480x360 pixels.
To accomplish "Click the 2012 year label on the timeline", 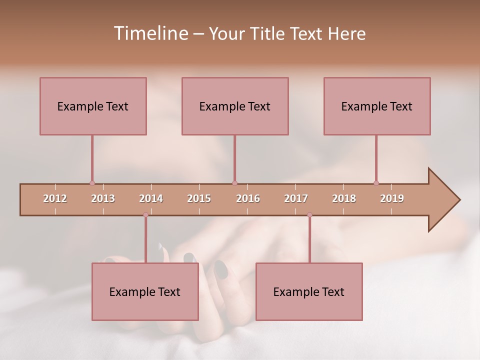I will pyautogui.click(x=55, y=198).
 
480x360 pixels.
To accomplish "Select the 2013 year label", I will pyautogui.click(x=103, y=198).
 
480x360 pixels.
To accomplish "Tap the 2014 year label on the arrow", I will pyautogui.click(x=151, y=198).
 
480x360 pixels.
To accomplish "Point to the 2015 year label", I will pyautogui.click(x=199, y=198).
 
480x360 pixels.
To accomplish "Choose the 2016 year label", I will pyautogui.click(x=248, y=198).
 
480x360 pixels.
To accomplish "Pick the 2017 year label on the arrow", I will pyautogui.click(x=296, y=198).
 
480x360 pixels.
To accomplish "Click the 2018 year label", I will pyautogui.click(x=344, y=198).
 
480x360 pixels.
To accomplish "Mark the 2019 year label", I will pyautogui.click(x=392, y=198).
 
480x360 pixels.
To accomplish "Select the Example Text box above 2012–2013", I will pyautogui.click(x=93, y=106).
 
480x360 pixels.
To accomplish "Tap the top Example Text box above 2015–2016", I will pyautogui.click(x=235, y=106).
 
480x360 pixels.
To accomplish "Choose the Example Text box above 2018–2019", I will pyautogui.click(x=377, y=106).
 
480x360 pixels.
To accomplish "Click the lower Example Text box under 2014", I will pyautogui.click(x=145, y=291).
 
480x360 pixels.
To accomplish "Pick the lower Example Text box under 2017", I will pyautogui.click(x=309, y=291).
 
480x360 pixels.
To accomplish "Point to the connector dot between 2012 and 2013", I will pyautogui.click(x=92, y=183).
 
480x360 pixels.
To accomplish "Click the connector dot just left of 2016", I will pyautogui.click(x=234, y=183).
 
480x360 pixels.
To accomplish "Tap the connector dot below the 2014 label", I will pyautogui.click(x=145, y=215).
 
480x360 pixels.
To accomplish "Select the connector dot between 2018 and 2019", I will pyautogui.click(x=376, y=183).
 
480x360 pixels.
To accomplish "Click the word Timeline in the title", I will pyautogui.click(x=150, y=33).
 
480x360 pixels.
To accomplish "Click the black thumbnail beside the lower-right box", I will pyautogui.click(x=220, y=270).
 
